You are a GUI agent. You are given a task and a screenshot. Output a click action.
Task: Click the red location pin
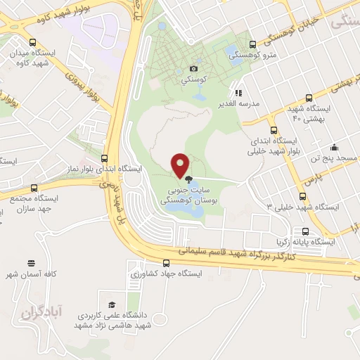(x=181, y=165)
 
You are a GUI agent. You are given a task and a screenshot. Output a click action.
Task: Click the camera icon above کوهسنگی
(x=194, y=69)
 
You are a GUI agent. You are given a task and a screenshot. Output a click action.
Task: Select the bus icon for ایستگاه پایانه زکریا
(x=304, y=231)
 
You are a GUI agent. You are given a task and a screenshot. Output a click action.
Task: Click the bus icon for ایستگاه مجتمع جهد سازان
(x=33, y=188)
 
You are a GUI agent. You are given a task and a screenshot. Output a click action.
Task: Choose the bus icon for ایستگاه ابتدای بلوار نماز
(x=104, y=158)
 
